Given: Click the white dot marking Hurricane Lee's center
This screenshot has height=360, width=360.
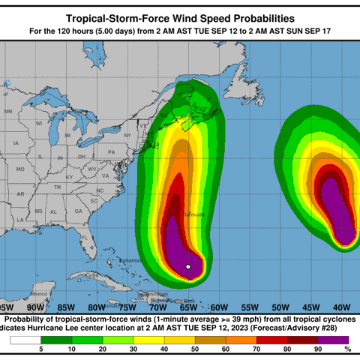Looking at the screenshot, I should click(188, 266).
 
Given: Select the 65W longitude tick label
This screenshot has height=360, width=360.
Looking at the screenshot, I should click(187, 307).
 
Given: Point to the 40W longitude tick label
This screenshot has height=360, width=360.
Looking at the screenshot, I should click(341, 307).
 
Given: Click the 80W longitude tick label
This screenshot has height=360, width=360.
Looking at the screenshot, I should click(96, 307).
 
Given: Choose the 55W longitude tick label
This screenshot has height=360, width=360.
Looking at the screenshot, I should click(249, 307).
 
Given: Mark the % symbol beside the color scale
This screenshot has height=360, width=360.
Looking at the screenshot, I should click(347, 349).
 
